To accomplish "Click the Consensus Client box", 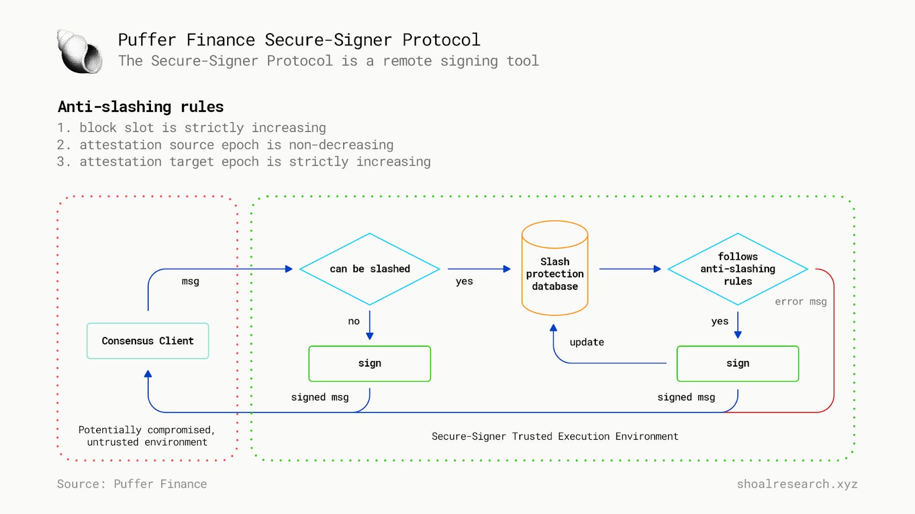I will click(x=148, y=341).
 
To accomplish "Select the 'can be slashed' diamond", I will click(x=369, y=269).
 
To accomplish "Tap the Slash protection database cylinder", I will click(x=555, y=274).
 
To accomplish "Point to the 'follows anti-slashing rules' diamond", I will click(x=738, y=269).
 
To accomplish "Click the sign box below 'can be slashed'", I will click(x=369, y=364).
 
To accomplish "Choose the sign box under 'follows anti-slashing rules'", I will click(x=738, y=364).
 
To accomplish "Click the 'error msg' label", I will click(x=801, y=302).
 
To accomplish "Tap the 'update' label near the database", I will click(x=587, y=342).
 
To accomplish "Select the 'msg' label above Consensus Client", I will click(x=190, y=282).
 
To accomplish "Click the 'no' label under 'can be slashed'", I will click(x=354, y=322).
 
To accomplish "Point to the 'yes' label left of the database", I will click(x=464, y=282).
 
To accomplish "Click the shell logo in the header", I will click(x=79, y=52).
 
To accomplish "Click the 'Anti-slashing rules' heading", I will click(x=141, y=107).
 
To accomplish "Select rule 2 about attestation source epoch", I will click(x=225, y=145).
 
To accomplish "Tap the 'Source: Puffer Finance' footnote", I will click(x=132, y=484).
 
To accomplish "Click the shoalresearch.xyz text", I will click(x=797, y=484).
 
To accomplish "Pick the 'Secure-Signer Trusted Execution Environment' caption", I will click(x=555, y=436).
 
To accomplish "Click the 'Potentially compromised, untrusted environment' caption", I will click(x=147, y=436).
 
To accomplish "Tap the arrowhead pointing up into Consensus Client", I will click(x=148, y=374).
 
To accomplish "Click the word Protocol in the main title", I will click(x=441, y=40).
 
